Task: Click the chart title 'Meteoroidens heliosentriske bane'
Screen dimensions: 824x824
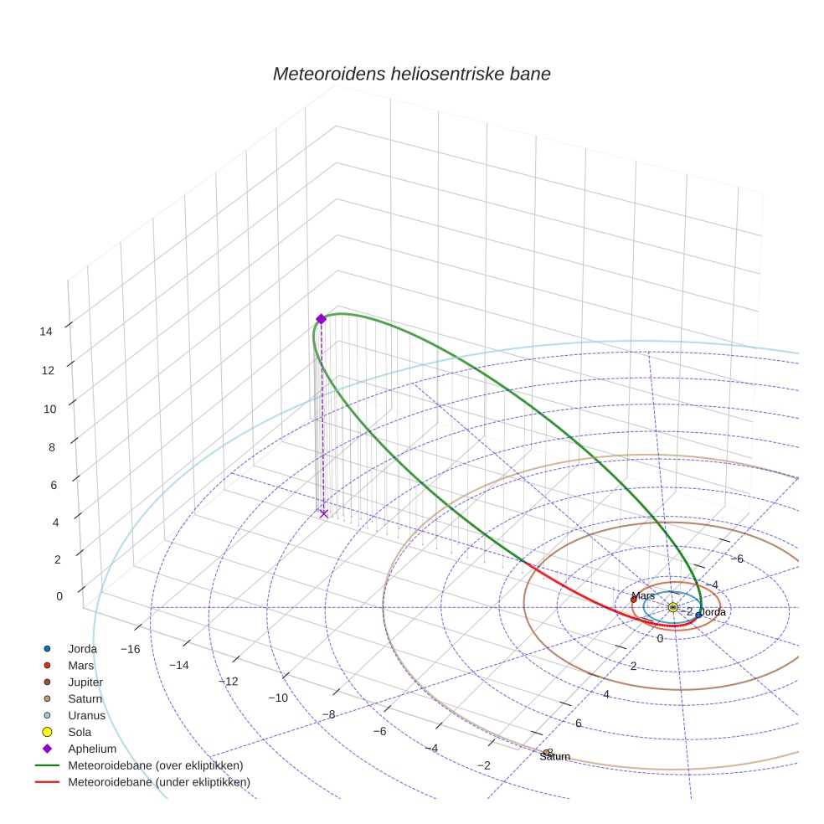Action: pyautogui.click(x=411, y=74)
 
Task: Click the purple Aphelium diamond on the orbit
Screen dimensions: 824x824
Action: pyautogui.click(x=321, y=318)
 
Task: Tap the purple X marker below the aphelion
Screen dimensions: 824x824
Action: pyautogui.click(x=324, y=513)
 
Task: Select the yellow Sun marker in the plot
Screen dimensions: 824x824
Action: pyautogui.click(x=673, y=607)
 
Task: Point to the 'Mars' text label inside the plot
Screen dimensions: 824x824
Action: pyautogui.click(x=643, y=596)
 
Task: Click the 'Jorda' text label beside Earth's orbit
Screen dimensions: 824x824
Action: pyautogui.click(x=712, y=612)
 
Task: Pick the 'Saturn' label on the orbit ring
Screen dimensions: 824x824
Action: pyautogui.click(x=554, y=757)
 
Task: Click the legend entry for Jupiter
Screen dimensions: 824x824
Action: pyautogui.click(x=85, y=682)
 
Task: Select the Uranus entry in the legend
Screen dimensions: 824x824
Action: pyautogui.click(x=86, y=716)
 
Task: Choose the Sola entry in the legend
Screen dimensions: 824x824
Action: pyautogui.click(x=80, y=732)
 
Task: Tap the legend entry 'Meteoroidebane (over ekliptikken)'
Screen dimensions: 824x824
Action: pyautogui.click(x=156, y=765)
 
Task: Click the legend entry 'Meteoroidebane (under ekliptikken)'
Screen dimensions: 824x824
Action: pyautogui.click(x=159, y=782)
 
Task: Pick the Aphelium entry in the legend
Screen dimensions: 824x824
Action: pyautogui.click(x=91, y=749)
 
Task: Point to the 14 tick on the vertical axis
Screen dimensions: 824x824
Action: pyautogui.click(x=46, y=331)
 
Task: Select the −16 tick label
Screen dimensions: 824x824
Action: pyautogui.click(x=130, y=650)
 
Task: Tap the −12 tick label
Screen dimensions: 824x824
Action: pyautogui.click(x=229, y=682)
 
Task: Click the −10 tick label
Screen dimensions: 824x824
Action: pyautogui.click(x=278, y=698)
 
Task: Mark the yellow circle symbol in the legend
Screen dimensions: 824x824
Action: pyautogui.click(x=48, y=732)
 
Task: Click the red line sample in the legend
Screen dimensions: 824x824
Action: pyautogui.click(x=48, y=782)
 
